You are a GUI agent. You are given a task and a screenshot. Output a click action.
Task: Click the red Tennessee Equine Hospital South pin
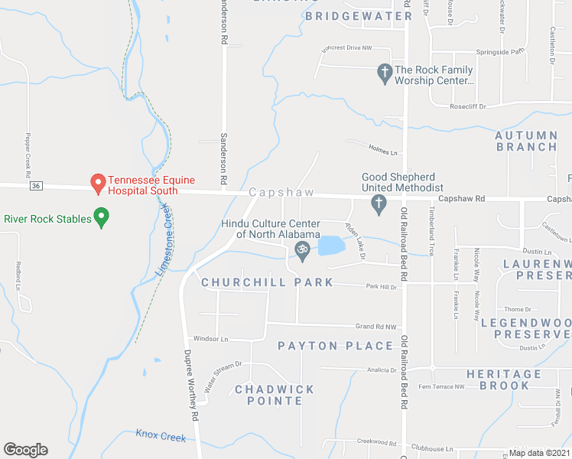click(98, 183)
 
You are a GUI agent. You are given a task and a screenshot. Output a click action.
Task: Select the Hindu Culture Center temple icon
click(301, 249)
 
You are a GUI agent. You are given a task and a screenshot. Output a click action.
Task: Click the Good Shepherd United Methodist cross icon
click(378, 203)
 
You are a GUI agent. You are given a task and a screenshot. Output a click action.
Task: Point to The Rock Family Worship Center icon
click(385, 74)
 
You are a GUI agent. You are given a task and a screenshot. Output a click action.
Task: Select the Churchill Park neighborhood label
click(267, 282)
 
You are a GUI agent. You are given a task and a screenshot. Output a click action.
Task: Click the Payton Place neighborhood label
click(335, 346)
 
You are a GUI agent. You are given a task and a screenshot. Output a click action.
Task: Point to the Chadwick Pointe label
click(275, 395)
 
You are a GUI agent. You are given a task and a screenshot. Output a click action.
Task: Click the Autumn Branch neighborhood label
click(525, 141)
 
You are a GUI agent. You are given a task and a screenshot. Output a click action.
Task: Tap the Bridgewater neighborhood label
click(359, 15)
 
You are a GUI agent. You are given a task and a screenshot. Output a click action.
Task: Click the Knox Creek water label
click(161, 436)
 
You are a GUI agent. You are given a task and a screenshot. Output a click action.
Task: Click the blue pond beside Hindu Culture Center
click(330, 246)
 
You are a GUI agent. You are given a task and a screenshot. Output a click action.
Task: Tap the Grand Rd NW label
click(376, 327)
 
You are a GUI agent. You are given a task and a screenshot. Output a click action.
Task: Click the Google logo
click(25, 450)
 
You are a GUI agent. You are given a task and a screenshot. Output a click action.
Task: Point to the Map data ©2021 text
click(539, 453)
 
